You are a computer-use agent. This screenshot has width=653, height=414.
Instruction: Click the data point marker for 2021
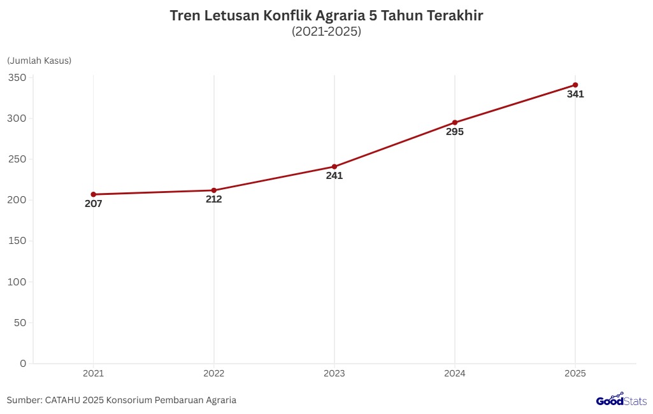click(x=93, y=194)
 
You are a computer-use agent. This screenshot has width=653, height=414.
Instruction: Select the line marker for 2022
click(x=214, y=190)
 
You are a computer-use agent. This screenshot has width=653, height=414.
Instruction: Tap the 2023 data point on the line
click(x=334, y=167)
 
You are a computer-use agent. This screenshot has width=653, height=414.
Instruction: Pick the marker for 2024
click(x=455, y=122)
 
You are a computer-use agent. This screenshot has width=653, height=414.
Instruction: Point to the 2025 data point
click(x=575, y=85)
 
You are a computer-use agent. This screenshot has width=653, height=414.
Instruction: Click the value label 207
click(x=93, y=204)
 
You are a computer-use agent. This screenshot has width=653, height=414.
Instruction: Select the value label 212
click(x=214, y=199)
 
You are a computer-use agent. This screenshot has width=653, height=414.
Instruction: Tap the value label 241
click(x=334, y=176)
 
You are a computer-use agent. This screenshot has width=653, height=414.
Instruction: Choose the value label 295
click(x=455, y=132)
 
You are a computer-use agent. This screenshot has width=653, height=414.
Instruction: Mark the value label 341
click(x=575, y=94)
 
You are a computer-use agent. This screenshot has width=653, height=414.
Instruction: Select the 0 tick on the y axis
click(x=23, y=363)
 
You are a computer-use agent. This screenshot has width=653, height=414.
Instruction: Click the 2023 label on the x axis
click(x=334, y=373)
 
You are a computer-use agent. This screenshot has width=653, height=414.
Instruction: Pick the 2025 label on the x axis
click(x=575, y=373)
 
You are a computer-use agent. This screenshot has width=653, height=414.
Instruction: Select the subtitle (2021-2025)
click(x=326, y=31)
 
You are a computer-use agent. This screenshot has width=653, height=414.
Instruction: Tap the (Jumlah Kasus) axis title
click(x=39, y=61)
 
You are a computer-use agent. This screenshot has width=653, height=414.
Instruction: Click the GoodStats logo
click(x=621, y=400)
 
